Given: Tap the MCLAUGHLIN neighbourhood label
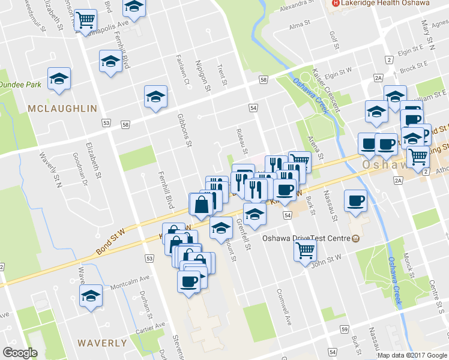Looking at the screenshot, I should [62, 109].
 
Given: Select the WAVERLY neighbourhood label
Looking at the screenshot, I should [102, 344].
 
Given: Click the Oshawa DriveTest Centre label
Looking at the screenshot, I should [306, 238].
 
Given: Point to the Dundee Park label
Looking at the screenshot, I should [21, 85].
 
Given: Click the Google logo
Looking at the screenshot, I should [20, 353].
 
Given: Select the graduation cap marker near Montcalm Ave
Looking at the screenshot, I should [91, 296].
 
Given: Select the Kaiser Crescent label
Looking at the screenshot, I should [326, 90].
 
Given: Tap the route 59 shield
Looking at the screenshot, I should [344, 330].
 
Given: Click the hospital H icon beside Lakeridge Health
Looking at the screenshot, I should [336, 3].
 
